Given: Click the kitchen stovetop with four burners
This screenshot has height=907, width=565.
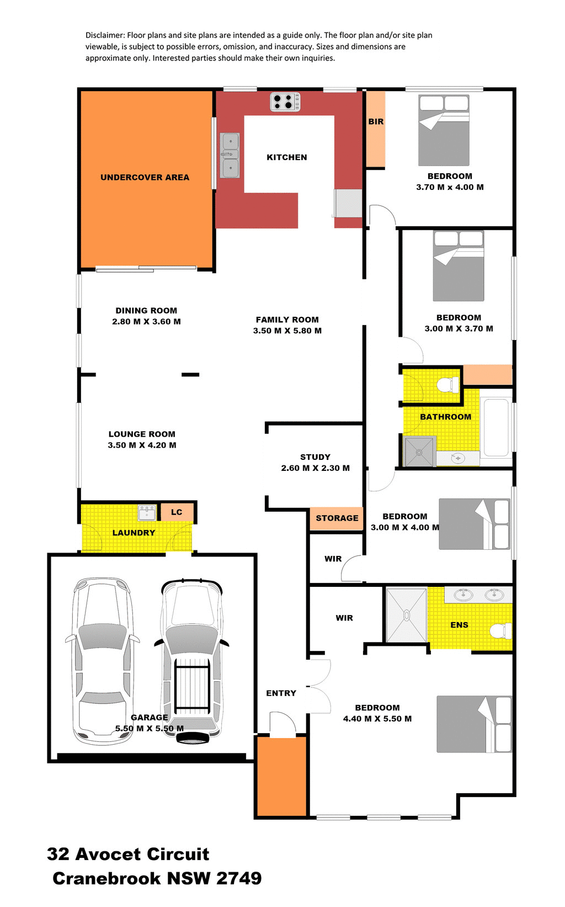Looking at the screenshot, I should (x=285, y=102).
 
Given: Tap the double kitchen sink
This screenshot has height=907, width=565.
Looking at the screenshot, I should (x=230, y=155).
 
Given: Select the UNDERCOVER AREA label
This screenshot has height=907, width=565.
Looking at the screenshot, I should (x=145, y=177).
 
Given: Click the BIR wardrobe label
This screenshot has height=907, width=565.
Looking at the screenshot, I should (x=376, y=121).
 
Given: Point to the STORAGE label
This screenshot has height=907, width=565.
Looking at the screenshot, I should (x=337, y=518).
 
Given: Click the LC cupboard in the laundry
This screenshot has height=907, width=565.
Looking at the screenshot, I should (x=177, y=512).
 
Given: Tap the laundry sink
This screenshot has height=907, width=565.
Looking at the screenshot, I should (x=147, y=512).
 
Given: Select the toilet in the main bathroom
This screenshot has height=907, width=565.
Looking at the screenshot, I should (x=447, y=384).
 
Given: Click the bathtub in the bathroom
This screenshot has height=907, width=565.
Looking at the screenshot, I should (x=495, y=427).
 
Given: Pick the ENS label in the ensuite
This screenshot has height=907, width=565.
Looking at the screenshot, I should (x=459, y=625).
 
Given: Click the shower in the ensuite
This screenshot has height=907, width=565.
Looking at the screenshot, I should (x=407, y=615).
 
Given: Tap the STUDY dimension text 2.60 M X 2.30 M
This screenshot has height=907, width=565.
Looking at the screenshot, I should (x=315, y=468).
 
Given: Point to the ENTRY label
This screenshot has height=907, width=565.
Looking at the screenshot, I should (x=281, y=693).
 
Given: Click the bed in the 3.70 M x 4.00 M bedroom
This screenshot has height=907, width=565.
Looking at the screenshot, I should (x=444, y=130).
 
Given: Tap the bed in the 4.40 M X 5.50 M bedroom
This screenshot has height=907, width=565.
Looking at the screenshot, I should (x=474, y=724).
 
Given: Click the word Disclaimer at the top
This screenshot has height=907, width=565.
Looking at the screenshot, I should (x=105, y=35).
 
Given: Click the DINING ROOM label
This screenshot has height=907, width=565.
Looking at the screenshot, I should (x=146, y=311).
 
